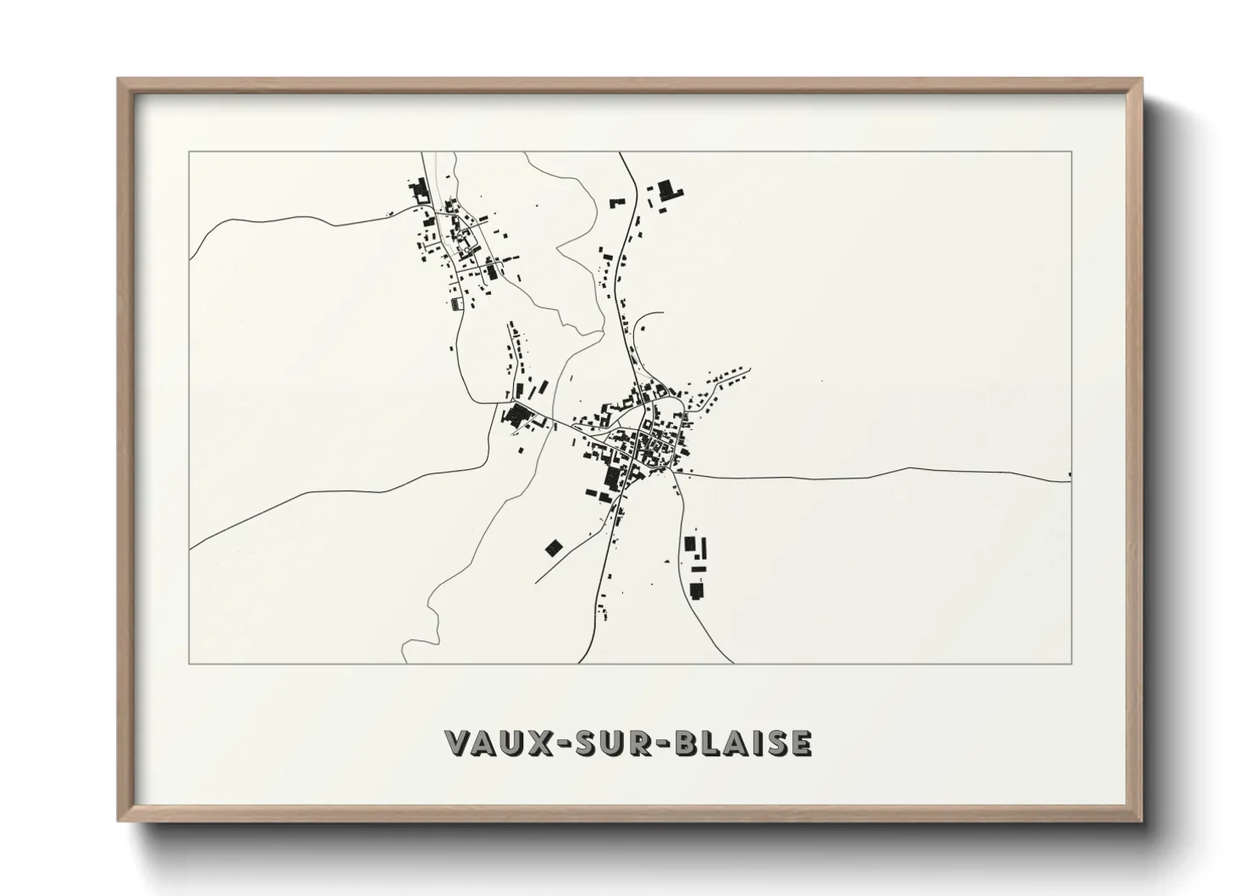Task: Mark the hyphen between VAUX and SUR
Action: point(560,744)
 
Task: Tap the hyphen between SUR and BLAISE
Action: point(661,744)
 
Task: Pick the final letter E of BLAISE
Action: point(801,743)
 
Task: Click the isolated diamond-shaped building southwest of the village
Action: point(553,548)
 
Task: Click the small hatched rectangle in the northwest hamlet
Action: point(457,303)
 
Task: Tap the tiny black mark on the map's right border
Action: point(1070,474)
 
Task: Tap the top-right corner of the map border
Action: point(1072,152)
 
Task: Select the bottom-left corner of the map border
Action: point(189,663)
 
